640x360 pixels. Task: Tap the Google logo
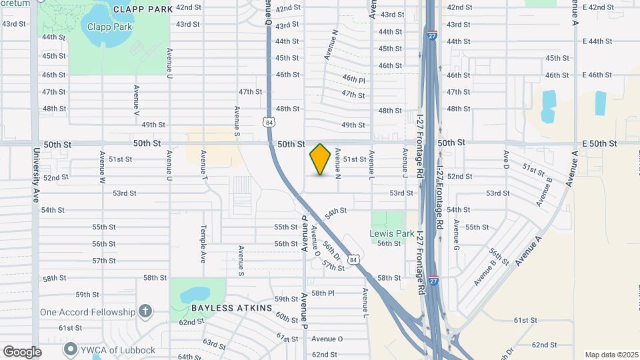click(22, 352)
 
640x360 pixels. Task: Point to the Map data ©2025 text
click(611, 355)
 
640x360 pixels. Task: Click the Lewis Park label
click(392, 234)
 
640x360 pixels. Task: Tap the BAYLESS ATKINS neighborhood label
click(231, 308)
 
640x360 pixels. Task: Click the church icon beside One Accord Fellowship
click(145, 311)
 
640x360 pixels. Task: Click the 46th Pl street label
click(354, 79)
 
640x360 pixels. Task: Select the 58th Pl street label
click(322, 293)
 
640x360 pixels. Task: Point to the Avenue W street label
click(103, 167)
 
